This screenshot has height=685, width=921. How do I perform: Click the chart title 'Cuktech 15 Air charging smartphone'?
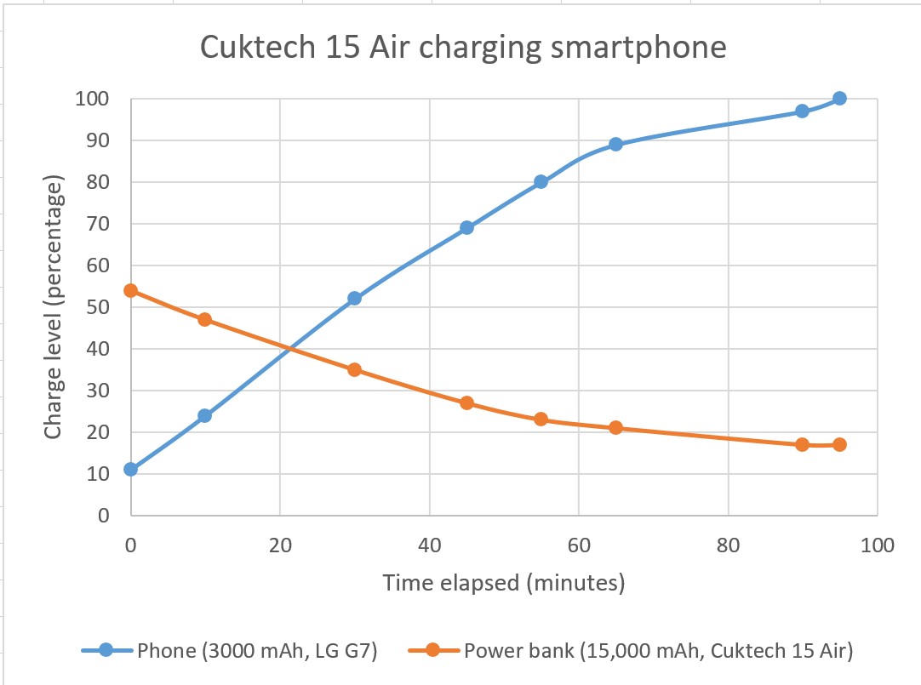[x=463, y=48]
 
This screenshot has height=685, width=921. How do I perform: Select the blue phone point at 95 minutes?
[x=839, y=98]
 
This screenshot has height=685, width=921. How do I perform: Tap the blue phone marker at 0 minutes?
[x=130, y=469]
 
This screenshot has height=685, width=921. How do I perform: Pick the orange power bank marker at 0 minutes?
[x=130, y=290]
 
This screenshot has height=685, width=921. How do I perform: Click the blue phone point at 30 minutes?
[x=354, y=299]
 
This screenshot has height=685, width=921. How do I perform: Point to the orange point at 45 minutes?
[x=466, y=402]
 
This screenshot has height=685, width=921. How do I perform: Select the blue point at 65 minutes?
[x=615, y=144]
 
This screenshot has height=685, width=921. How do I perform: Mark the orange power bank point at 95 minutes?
[x=839, y=444]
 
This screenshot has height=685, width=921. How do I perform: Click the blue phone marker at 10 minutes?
[x=204, y=415]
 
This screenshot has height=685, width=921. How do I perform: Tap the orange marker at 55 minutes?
[x=541, y=420]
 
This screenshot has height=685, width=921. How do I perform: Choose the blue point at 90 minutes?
[x=802, y=111]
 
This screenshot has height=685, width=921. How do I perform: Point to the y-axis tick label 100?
[x=92, y=99]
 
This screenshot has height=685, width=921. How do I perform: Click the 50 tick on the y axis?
[x=99, y=307]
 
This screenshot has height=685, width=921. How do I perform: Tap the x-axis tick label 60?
[x=578, y=545]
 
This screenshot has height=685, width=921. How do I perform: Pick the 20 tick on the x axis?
[x=279, y=545]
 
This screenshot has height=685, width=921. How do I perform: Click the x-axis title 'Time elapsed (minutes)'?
[x=504, y=583]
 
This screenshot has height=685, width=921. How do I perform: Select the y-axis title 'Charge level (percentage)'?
[x=54, y=307]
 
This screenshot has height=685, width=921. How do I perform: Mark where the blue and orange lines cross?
[x=289, y=349]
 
